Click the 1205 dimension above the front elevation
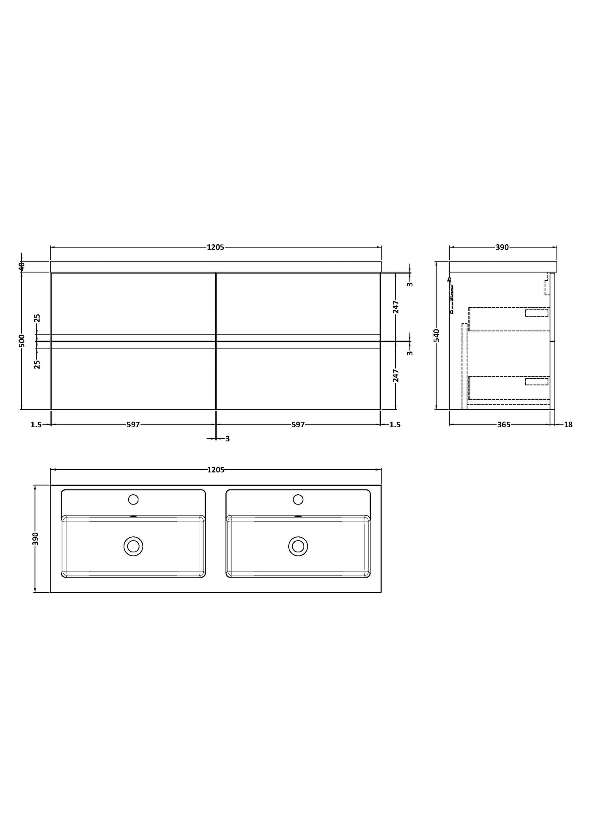215,247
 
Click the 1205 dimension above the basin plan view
216,470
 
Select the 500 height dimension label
22,340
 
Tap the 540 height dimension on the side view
436,335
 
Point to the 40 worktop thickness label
22,266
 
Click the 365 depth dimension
503,425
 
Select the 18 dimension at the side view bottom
568,425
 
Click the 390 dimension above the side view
502,247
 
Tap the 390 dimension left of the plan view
36,538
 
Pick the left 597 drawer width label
133,425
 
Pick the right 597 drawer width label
298,425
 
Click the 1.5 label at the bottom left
36,425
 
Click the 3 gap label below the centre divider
227,439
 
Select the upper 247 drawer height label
396,307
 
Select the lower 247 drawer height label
396,375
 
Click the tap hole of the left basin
133,499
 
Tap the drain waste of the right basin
298,546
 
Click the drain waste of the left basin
133,546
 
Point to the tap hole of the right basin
298,499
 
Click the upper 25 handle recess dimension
37,318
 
